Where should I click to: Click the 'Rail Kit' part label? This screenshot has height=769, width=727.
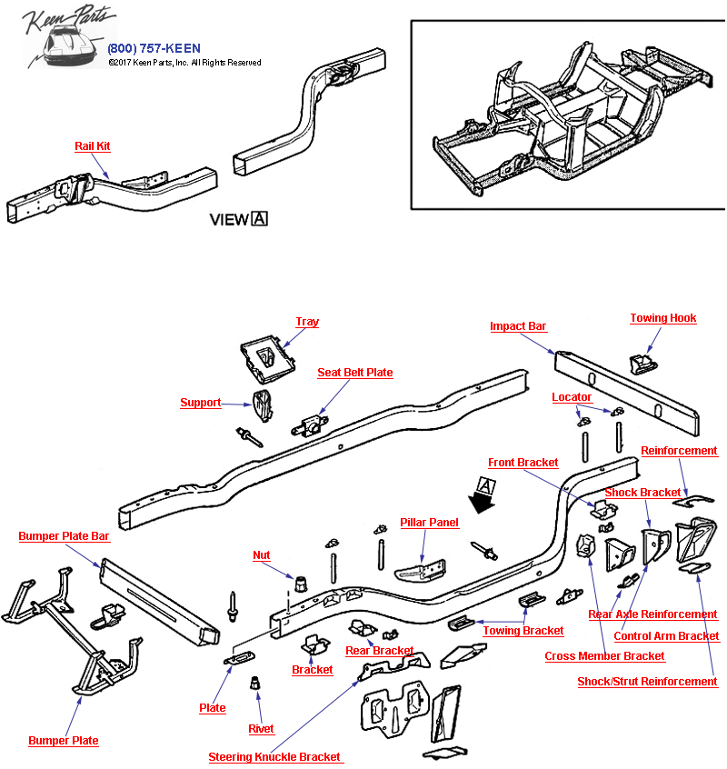click(93, 146)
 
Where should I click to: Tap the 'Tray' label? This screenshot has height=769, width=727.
click(307, 322)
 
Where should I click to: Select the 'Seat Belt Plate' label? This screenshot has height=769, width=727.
click(354, 373)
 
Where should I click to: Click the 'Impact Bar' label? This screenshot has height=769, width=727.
click(518, 326)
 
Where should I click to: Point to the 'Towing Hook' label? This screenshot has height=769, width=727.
click(663, 318)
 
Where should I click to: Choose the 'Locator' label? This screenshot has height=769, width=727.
click(572, 397)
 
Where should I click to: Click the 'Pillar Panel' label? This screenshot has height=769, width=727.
click(429, 523)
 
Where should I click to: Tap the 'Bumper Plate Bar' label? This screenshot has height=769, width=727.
click(64, 536)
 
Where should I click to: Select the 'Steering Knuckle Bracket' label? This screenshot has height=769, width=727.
click(274, 756)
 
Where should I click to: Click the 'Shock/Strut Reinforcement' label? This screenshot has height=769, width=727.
click(647, 682)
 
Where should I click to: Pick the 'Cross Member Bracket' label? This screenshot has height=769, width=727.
click(604, 656)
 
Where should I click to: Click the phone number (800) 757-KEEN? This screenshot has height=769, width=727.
click(154, 48)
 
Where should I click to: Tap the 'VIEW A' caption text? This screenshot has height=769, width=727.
click(239, 219)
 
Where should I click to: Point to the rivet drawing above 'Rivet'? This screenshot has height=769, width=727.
click(256, 683)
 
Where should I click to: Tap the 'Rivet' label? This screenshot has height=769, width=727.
click(261, 729)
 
